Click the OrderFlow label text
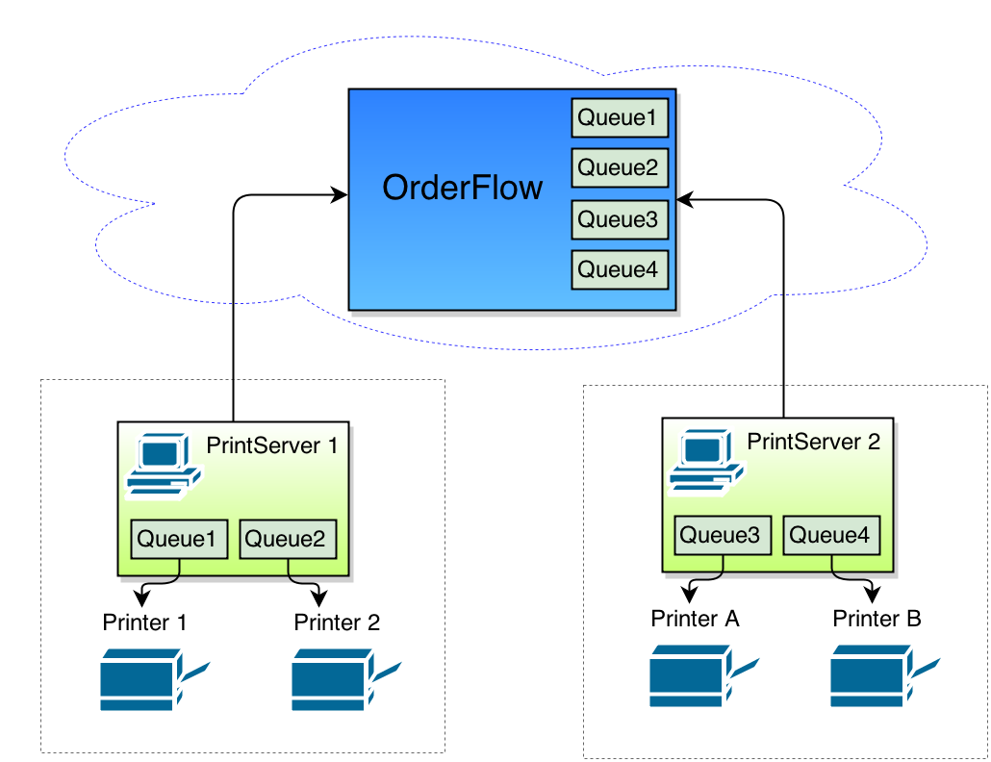tap(463, 188)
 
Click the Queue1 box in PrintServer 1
tap(180, 539)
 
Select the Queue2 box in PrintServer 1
tap(288, 539)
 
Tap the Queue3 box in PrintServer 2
tap(724, 535)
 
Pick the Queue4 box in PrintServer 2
tap(831, 535)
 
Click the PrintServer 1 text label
tap(272, 446)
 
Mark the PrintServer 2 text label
tap(814, 442)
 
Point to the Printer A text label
tap(695, 619)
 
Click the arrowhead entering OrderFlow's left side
tap(340, 195)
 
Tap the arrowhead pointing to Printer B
tap(872, 589)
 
